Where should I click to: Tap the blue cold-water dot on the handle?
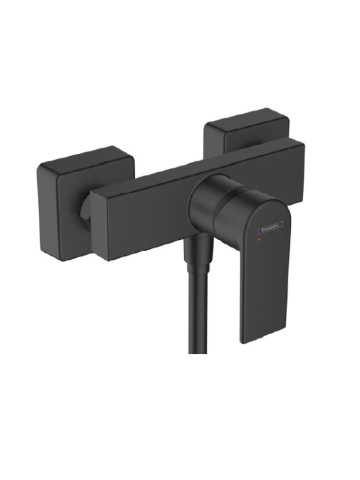pos(279,236)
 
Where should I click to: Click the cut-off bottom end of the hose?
pos(196,351)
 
